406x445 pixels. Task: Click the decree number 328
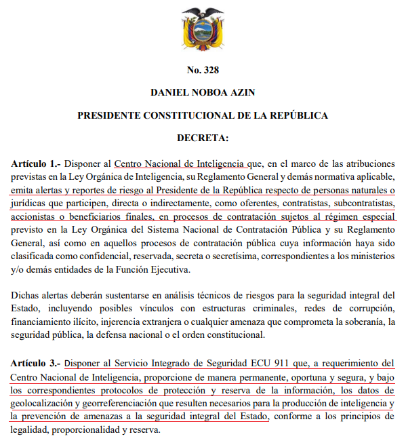[x=203, y=70]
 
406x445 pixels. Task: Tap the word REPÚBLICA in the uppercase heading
[x=296, y=115]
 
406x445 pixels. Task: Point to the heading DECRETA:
[x=203, y=138]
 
